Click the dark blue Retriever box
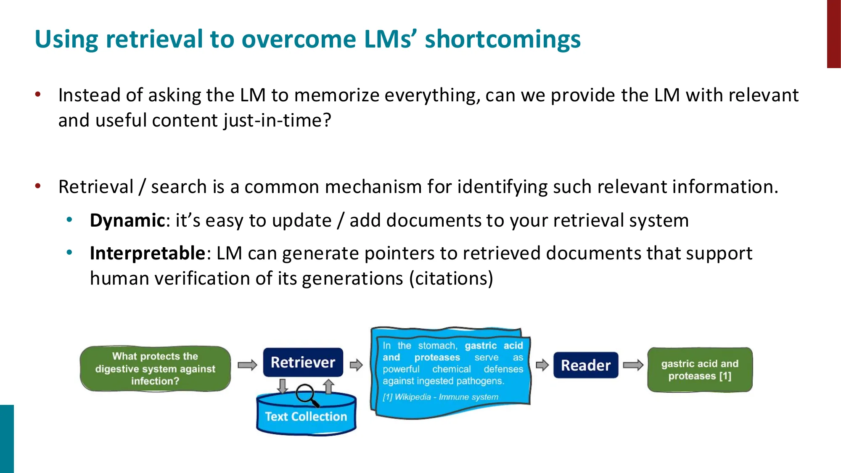[303, 362]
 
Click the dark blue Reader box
[585, 365]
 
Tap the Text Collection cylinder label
[306, 416]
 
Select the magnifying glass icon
[306, 395]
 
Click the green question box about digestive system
[155, 369]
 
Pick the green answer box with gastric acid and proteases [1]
[700, 370]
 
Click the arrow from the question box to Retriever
[247, 365]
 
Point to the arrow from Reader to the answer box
[633, 365]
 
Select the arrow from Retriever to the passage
[356, 365]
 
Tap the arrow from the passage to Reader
[542, 365]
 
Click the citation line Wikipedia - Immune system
[440, 397]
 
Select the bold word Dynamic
[127, 220]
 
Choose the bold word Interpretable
[147, 253]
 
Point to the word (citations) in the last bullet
[451, 278]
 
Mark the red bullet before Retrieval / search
[38, 185]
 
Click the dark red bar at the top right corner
[833, 34]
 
